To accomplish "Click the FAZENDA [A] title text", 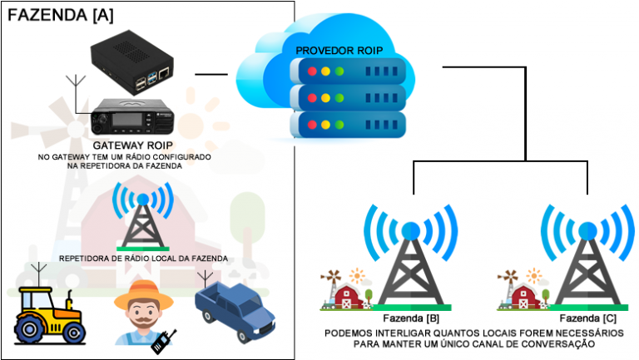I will (61, 14).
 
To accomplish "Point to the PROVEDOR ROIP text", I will (339, 51).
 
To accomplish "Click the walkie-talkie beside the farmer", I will (165, 341).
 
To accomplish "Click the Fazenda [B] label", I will (410, 318).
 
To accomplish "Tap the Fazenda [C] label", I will (586, 318).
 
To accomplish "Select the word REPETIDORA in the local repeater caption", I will (87, 259).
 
